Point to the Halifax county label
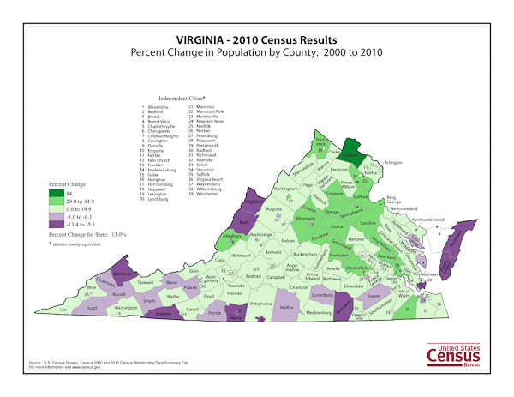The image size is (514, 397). click(x=287, y=306)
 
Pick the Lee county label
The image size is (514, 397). click(x=62, y=308)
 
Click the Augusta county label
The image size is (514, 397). click(x=274, y=208)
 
